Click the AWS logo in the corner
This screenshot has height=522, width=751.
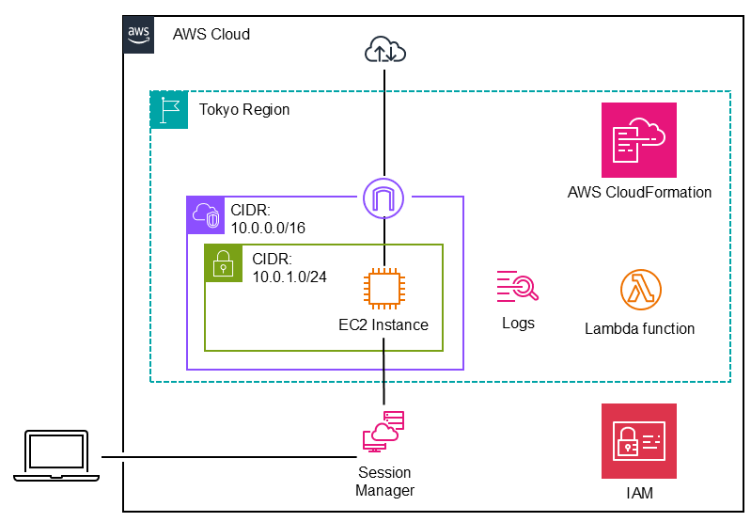[139, 33]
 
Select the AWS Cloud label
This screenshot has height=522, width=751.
[211, 35]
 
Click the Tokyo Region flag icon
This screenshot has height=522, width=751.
[169, 109]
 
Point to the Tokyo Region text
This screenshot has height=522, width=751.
[244, 110]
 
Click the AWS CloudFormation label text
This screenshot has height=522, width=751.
[639, 193]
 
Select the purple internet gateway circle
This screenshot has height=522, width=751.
[384, 198]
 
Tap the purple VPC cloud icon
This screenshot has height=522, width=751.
[205, 214]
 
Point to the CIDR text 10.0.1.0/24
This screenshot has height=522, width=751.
[287, 267]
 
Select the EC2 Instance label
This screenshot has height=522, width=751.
[383, 325]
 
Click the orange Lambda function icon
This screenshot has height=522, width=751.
[640, 290]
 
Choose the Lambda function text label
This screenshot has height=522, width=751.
[639, 329]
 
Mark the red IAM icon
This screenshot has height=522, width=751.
[639, 441]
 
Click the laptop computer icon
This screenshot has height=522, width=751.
[56, 456]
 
